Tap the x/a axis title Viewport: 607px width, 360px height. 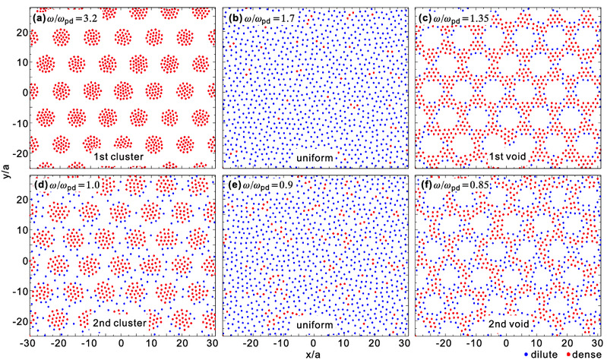click(x=314, y=351)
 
